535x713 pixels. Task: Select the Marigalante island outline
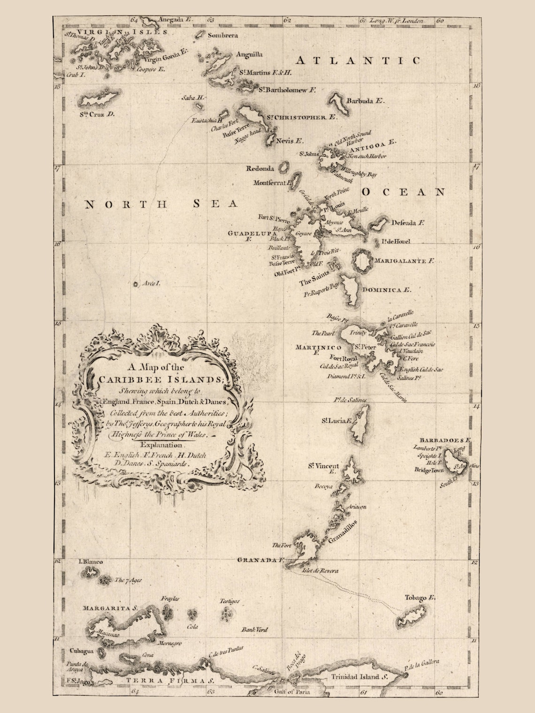[x=362, y=262]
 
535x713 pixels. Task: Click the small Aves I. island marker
[x=136, y=284]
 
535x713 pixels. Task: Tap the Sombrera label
[x=222, y=35]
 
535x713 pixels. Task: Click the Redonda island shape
[x=283, y=167]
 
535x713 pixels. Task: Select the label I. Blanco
[x=91, y=561]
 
